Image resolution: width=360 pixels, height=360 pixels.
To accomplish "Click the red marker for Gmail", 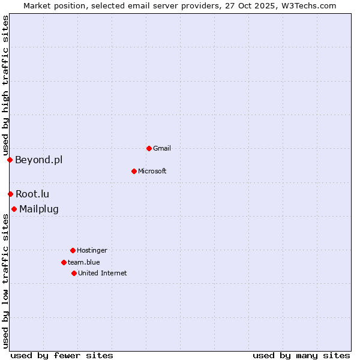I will point(149,148).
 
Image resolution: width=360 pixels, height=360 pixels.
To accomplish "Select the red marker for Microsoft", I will point(134,171).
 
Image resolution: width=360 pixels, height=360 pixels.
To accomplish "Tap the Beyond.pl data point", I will point(10,160).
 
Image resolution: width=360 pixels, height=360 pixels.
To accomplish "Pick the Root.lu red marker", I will point(10,194).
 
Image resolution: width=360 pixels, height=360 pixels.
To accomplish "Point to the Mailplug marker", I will point(14,209).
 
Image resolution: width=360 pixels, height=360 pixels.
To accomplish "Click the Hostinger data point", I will point(73,250).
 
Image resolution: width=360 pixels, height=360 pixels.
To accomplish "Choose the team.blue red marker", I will point(64,262).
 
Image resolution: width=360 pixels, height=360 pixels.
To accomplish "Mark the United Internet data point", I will point(74,273).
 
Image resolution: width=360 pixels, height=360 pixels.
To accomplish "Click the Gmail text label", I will point(162,148).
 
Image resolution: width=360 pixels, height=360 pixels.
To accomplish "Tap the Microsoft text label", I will point(152,171).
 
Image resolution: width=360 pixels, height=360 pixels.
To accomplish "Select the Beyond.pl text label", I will point(38,160).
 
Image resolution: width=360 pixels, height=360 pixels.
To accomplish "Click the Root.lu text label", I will point(32,194).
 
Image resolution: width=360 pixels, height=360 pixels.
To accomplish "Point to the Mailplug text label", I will point(39,209).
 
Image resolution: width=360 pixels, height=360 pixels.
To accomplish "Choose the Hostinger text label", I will point(92,250).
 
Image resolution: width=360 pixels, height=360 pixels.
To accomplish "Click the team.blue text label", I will point(84,262).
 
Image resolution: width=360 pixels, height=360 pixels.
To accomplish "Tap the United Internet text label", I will point(103,273).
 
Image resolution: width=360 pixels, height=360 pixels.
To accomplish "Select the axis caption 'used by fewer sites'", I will point(62,355).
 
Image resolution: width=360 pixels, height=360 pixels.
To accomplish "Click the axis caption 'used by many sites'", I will point(301,355).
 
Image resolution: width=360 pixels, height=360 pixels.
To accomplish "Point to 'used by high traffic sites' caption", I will point(5,85).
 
